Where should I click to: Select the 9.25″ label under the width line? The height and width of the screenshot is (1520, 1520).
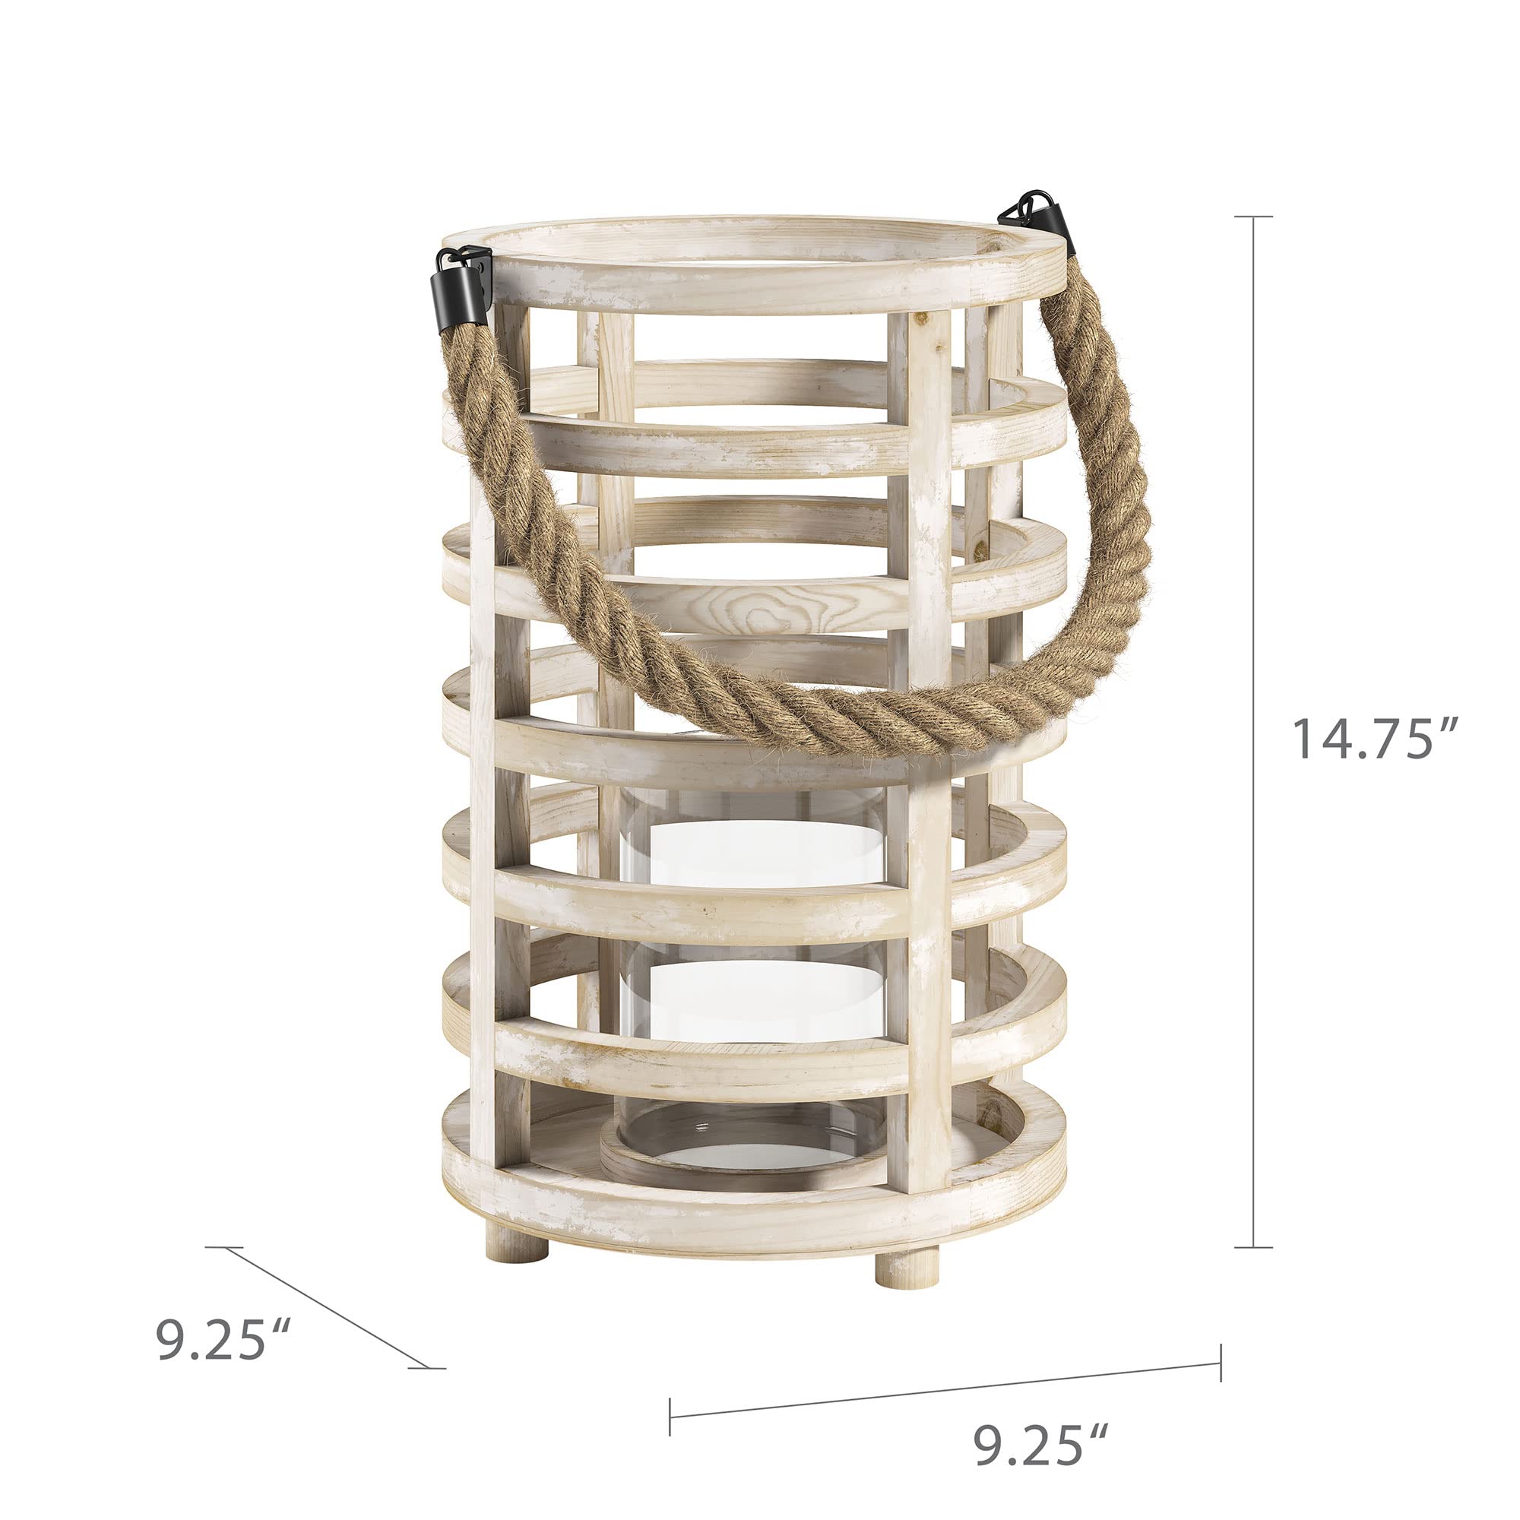click(x=1042, y=1445)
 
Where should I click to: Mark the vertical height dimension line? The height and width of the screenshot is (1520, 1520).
click(x=1252, y=732)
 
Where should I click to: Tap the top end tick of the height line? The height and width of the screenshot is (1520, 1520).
click(x=1252, y=217)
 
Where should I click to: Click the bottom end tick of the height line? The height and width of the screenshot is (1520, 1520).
click(x=1252, y=1247)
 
